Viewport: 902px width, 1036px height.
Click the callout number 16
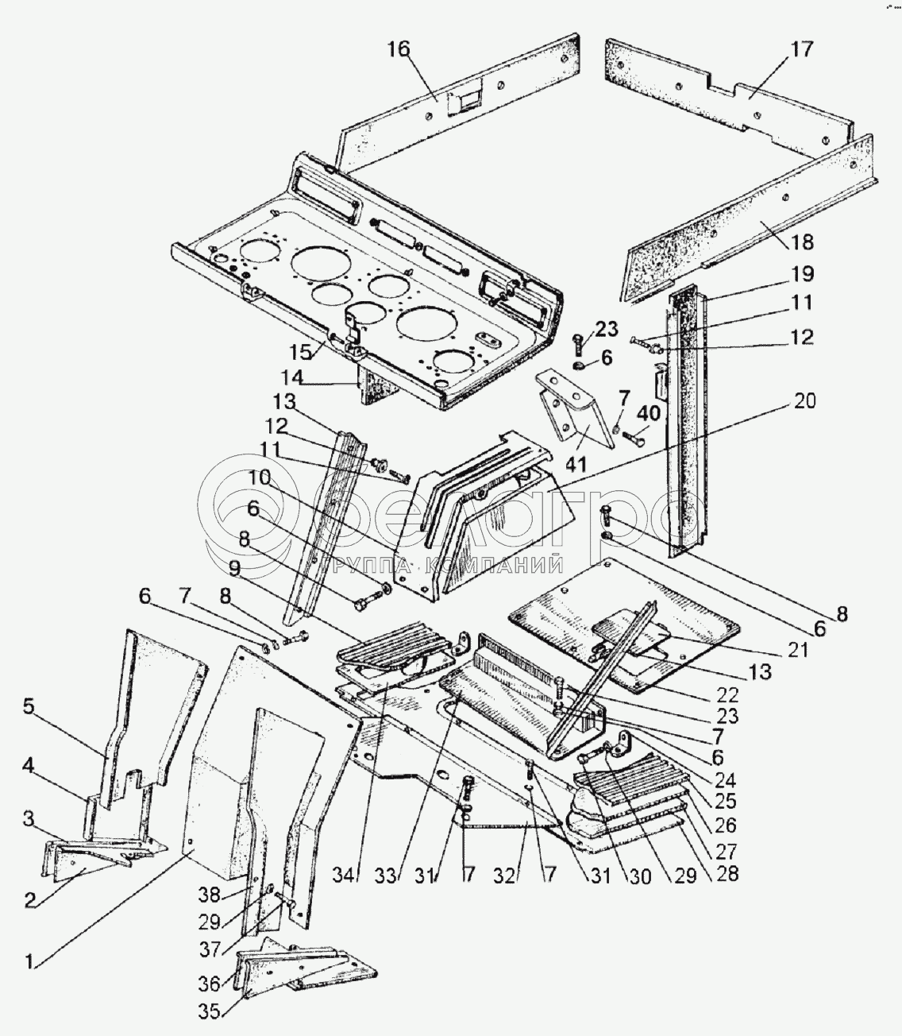(399, 49)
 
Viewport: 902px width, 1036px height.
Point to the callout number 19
(801, 274)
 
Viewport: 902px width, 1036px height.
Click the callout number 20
(804, 401)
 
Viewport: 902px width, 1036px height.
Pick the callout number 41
(574, 463)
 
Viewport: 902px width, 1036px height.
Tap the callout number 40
(649, 414)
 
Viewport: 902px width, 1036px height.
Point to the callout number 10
(260, 477)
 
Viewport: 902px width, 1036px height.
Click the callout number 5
(29, 707)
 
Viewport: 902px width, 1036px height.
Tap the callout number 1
(29, 961)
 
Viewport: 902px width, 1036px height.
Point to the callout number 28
(726, 873)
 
